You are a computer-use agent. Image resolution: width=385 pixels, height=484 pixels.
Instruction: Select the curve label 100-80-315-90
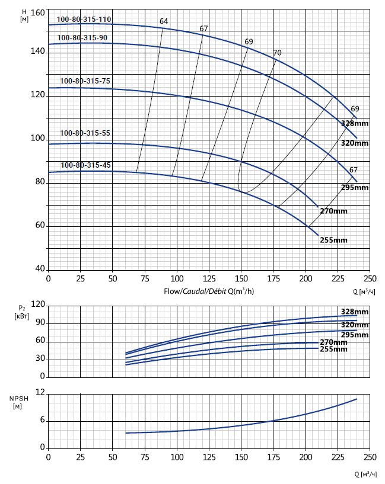(x=82, y=38)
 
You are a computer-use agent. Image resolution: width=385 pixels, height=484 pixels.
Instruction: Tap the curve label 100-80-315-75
(x=85, y=81)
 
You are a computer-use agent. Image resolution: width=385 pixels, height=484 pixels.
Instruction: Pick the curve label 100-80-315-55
(x=85, y=133)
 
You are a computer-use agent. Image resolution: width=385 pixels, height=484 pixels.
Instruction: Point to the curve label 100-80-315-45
(x=85, y=165)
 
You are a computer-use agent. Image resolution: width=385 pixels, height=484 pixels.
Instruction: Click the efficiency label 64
(x=164, y=21)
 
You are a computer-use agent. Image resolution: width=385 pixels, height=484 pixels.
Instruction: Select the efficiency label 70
(x=277, y=53)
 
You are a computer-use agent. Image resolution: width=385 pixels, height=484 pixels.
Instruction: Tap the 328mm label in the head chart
(x=355, y=123)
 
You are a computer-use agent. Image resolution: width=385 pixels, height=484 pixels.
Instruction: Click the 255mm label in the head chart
(x=333, y=240)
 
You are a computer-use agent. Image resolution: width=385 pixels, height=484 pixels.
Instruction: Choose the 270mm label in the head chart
(x=333, y=211)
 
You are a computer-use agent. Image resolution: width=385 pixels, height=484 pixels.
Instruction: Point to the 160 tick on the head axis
(x=37, y=13)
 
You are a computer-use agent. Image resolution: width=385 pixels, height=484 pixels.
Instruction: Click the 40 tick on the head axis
(x=39, y=270)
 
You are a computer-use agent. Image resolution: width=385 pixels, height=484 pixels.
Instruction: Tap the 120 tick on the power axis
(x=38, y=304)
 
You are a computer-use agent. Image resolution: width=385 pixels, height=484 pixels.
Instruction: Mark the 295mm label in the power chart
(x=355, y=335)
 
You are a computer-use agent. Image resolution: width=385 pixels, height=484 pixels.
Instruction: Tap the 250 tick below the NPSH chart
(x=370, y=457)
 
